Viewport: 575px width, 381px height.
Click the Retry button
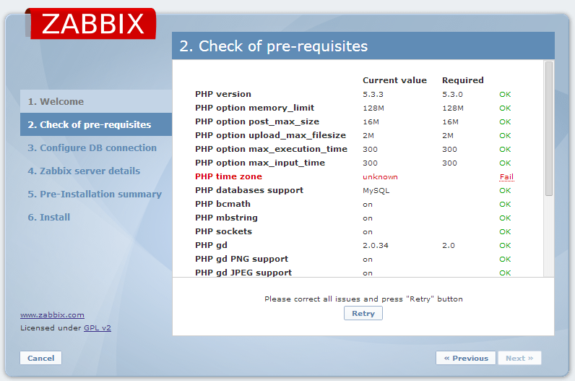pyautogui.click(x=363, y=314)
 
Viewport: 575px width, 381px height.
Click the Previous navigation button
pyautogui.click(x=466, y=358)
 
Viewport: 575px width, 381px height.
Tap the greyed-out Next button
pyautogui.click(x=519, y=358)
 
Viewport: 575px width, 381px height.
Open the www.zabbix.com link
pyautogui.click(x=52, y=315)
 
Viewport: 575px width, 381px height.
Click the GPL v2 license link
pyautogui.click(x=98, y=328)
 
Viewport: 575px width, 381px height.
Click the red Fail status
pyautogui.click(x=506, y=177)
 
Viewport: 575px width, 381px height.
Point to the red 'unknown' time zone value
pyautogui.click(x=380, y=177)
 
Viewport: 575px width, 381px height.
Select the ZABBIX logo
pyautogui.click(x=92, y=24)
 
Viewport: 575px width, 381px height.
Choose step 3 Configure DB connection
pyautogui.click(x=92, y=148)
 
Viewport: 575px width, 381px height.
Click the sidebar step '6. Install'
pyautogui.click(x=49, y=218)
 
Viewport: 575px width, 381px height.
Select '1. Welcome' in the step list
pyautogui.click(x=56, y=102)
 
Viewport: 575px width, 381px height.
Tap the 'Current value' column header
pyautogui.click(x=394, y=80)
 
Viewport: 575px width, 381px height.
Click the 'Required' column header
pyautogui.click(x=463, y=80)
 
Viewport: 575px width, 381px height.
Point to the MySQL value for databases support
pyautogui.click(x=376, y=191)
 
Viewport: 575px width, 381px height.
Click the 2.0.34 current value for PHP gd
pyautogui.click(x=375, y=246)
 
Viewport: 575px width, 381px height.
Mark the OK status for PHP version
pyautogui.click(x=505, y=94)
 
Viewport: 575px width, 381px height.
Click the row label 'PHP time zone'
pyautogui.click(x=228, y=176)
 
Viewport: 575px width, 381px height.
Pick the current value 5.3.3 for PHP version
pyautogui.click(x=373, y=94)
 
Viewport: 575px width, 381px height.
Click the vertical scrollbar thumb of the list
pyautogui.click(x=548, y=129)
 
